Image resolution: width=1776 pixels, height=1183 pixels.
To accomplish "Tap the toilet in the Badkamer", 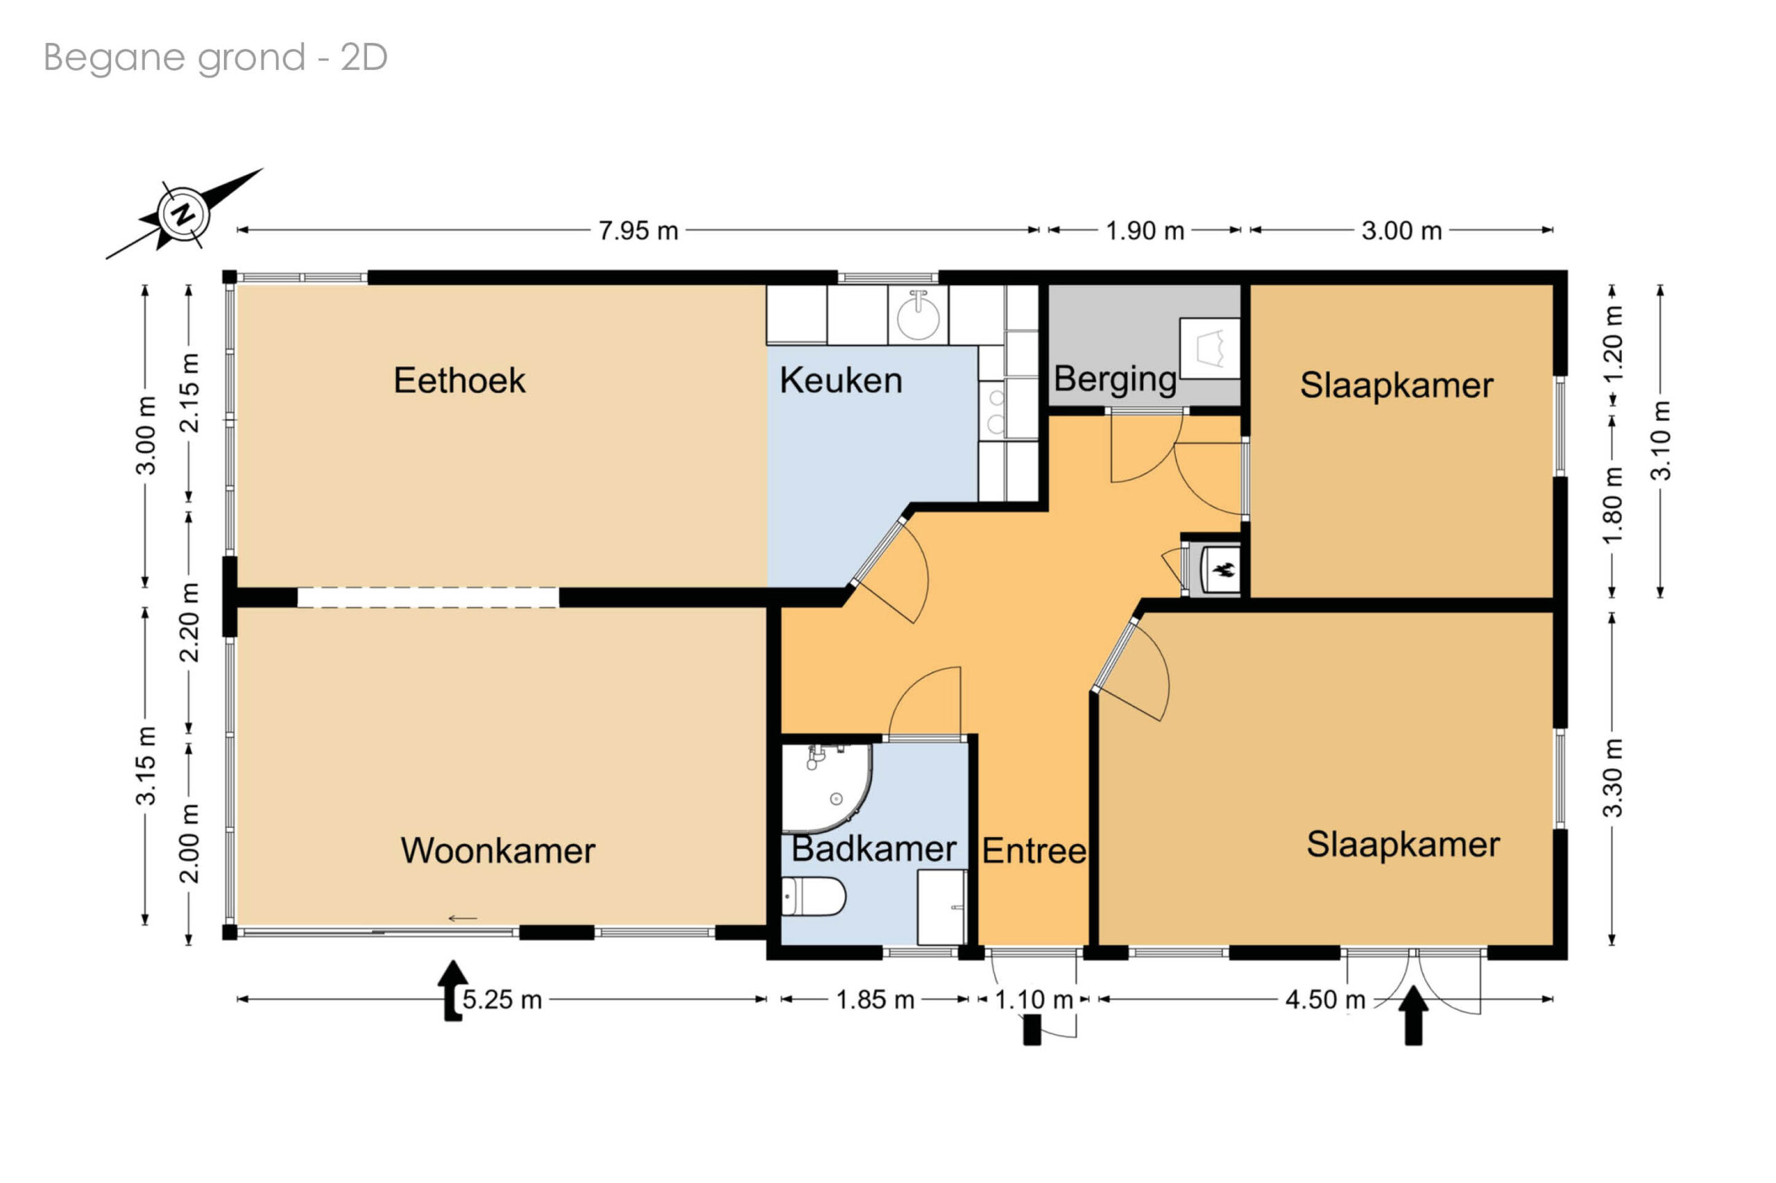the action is click(812, 895).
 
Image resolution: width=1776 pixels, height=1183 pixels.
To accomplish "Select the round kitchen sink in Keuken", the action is click(918, 315).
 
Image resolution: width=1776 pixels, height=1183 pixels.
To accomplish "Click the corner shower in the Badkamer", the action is click(826, 788).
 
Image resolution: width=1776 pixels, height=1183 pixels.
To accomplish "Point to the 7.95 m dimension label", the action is click(638, 231).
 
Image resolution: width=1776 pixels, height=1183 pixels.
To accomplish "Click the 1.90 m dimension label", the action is click(1144, 231).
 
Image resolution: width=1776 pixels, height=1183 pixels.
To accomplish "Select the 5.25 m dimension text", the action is click(502, 1000).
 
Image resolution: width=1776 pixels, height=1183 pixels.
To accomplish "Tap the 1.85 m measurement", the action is click(875, 1000).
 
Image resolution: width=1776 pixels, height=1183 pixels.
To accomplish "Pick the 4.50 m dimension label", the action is click(1325, 1000).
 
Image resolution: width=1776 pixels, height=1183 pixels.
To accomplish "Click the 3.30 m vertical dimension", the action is click(1612, 778).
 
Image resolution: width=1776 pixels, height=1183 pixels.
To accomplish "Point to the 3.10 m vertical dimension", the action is click(1661, 440).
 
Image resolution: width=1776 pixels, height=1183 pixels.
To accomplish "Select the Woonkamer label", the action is click(497, 850).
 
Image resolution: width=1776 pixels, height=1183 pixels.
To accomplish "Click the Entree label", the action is click(1034, 851).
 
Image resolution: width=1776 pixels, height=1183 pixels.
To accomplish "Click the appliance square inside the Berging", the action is click(1210, 349).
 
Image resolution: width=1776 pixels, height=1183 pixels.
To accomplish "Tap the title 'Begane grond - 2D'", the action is click(215, 58).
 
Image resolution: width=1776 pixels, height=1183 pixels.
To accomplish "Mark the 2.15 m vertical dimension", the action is click(189, 392).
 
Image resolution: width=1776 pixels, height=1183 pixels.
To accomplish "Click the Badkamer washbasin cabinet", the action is click(942, 907).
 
